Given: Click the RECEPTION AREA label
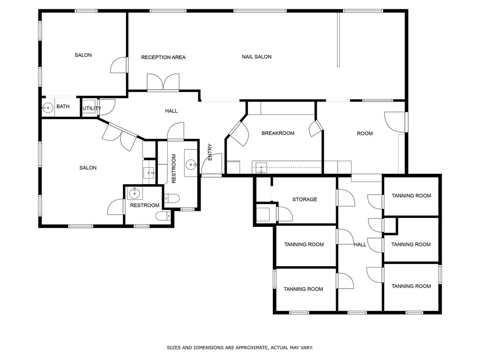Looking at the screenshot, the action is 163,57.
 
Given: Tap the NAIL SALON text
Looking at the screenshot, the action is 256,57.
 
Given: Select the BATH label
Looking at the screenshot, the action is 63,106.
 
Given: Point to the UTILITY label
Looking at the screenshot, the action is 92,108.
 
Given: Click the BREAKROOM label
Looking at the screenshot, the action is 278,133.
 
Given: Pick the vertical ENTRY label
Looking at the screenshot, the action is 210,152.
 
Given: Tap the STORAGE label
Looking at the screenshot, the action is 305,199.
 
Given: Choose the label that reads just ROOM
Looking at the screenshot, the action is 365,134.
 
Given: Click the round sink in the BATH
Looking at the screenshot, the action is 48,108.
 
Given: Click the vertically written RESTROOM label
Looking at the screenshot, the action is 174,169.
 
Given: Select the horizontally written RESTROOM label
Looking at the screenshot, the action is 145,205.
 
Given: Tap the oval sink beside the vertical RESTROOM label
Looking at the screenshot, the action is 191,165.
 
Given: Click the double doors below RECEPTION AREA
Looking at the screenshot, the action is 163,82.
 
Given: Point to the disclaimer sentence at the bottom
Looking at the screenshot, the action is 240,348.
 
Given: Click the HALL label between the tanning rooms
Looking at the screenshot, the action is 360,245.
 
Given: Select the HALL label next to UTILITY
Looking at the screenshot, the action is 171,111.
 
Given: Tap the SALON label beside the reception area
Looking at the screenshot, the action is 83,55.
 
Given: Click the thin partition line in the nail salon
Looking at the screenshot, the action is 338,39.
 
